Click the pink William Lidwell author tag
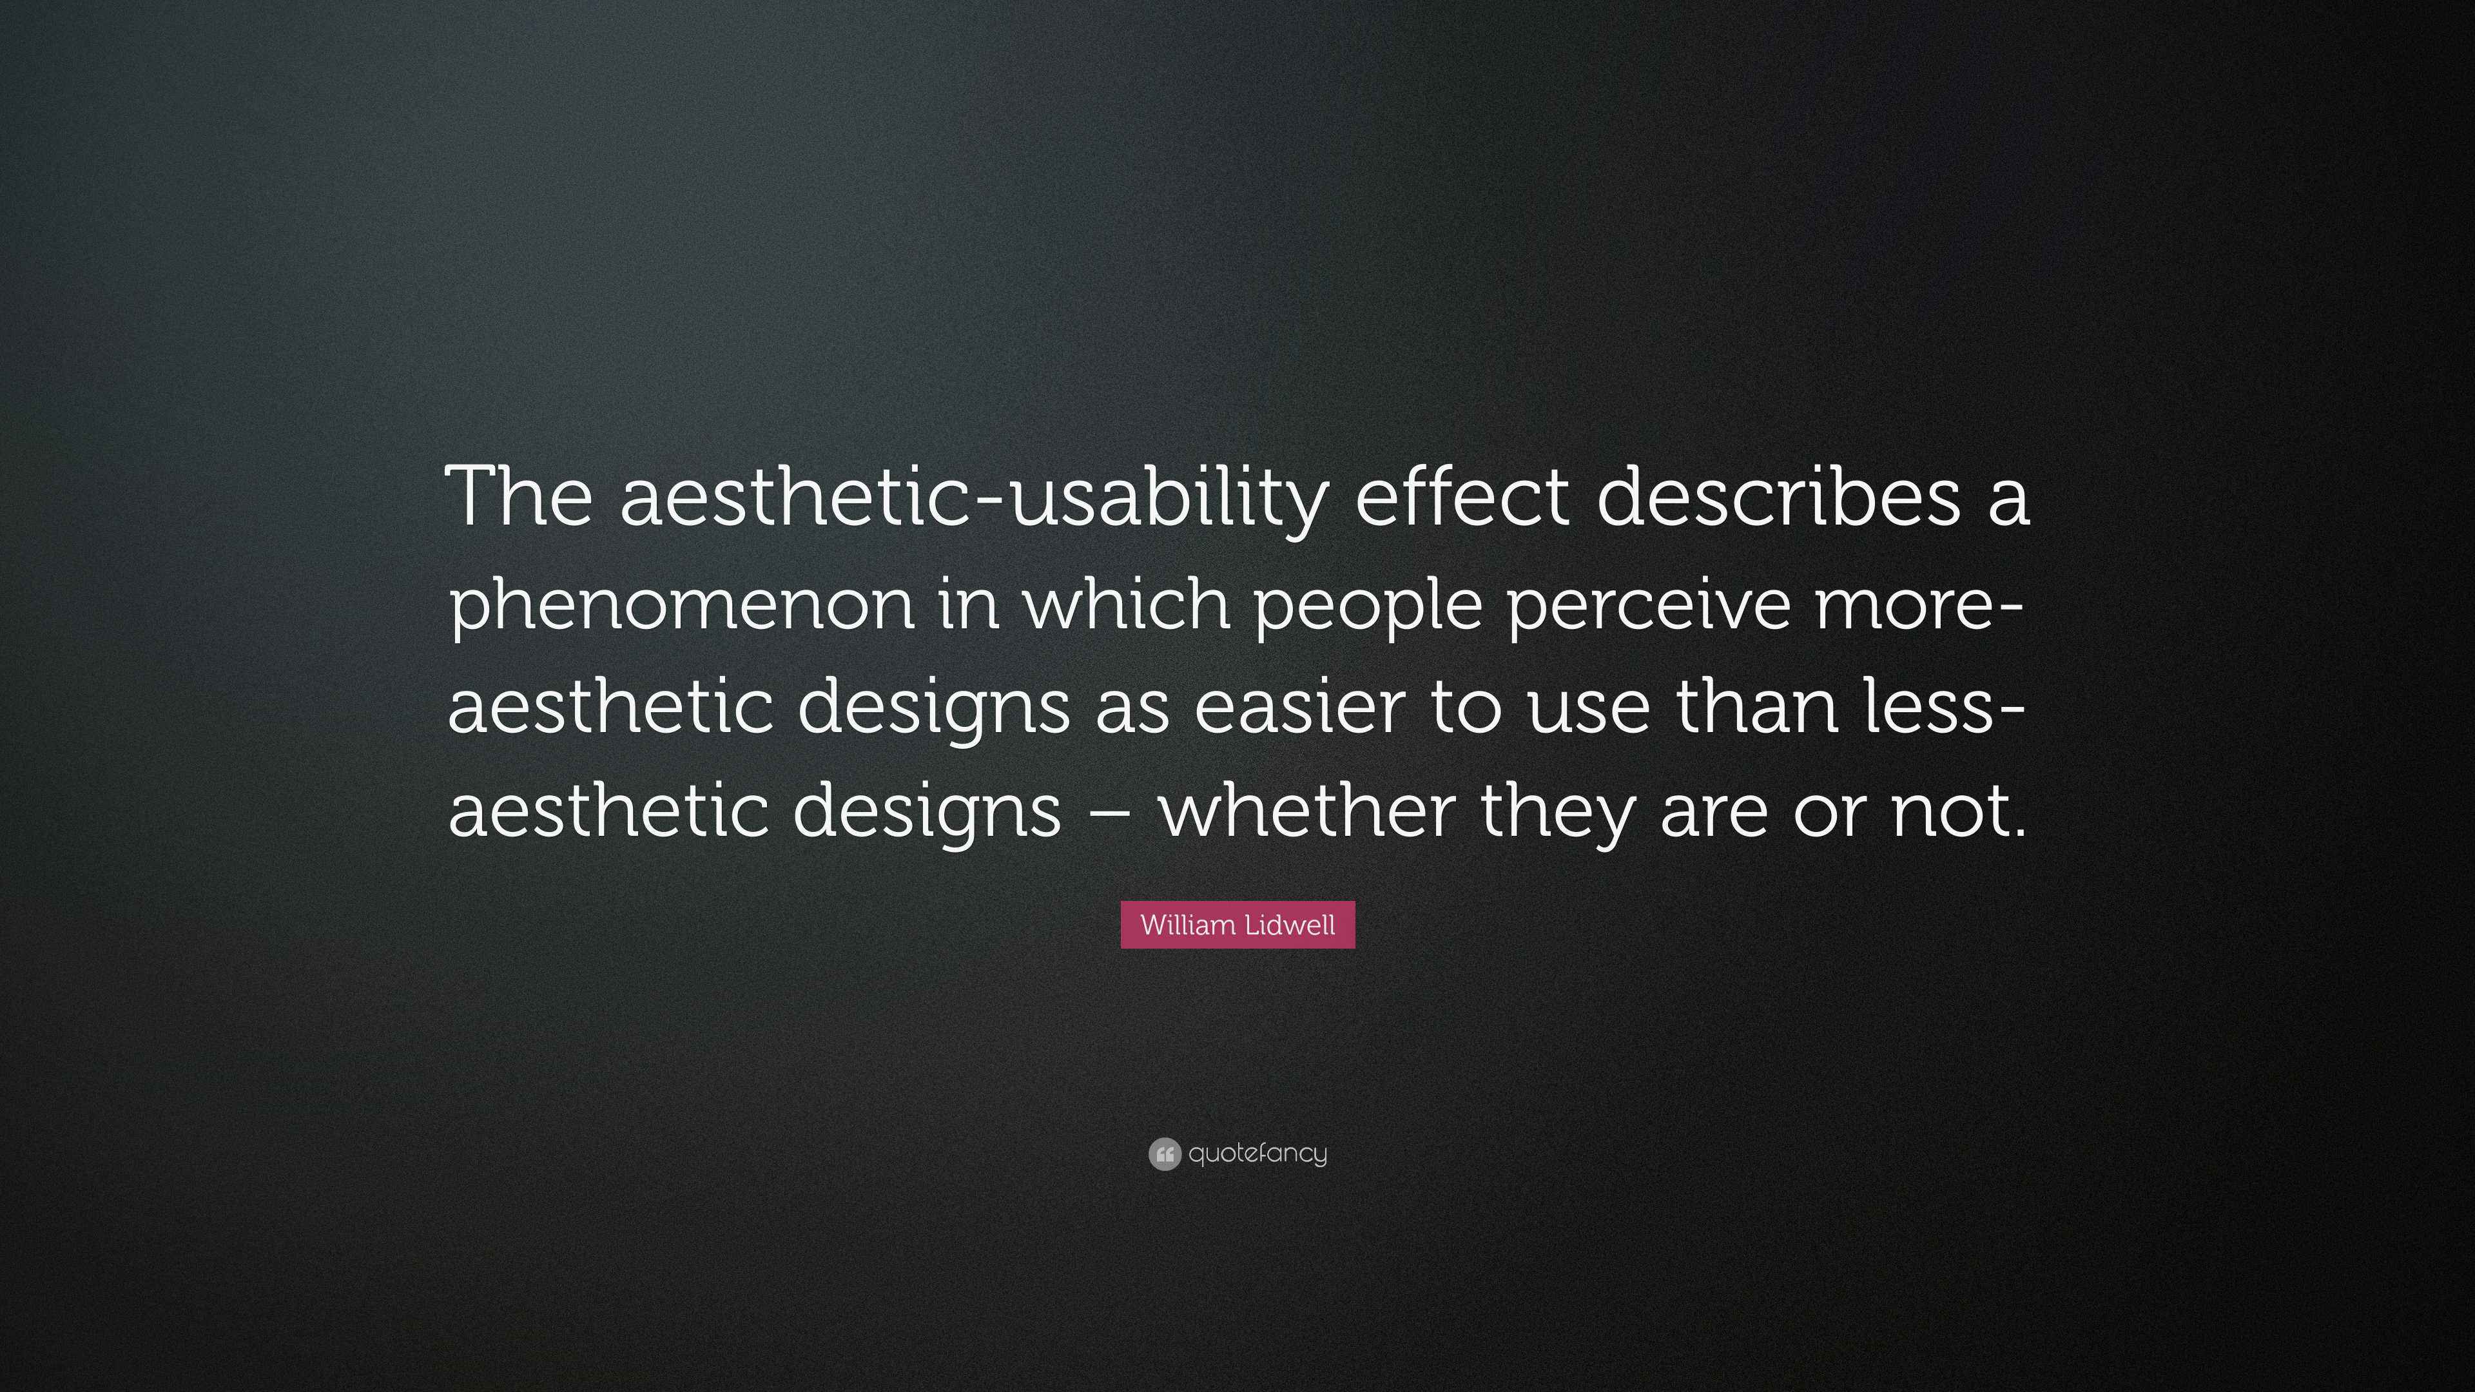pyautogui.click(x=1237, y=925)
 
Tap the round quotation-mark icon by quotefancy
pyautogui.click(x=1165, y=1154)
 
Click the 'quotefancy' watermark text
pyautogui.click(x=1257, y=1154)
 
